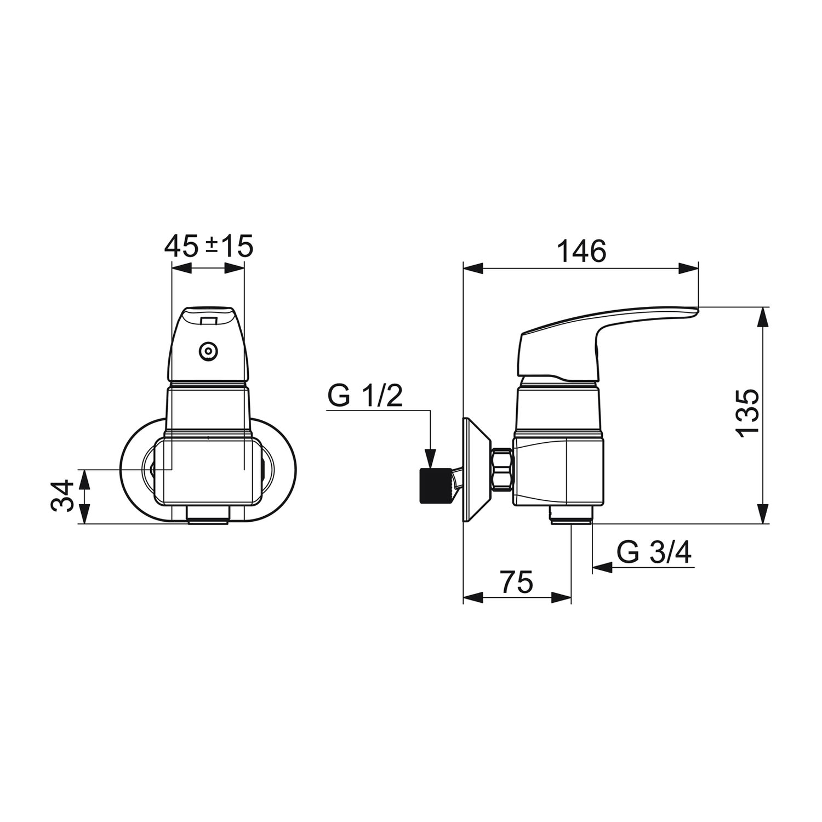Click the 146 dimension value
pyautogui.click(x=582, y=251)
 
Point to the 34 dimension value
pyautogui.click(x=62, y=495)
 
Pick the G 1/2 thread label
pyautogui.click(x=365, y=396)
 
